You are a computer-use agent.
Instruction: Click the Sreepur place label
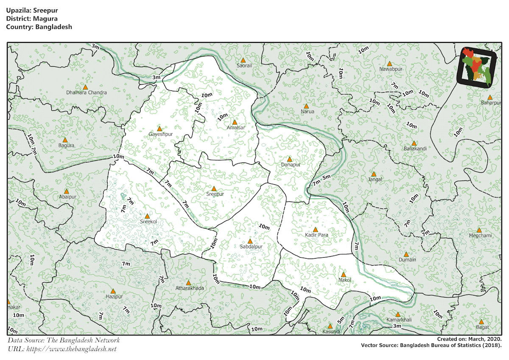pos(215,194)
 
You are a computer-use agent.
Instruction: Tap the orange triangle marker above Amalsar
pos(235,122)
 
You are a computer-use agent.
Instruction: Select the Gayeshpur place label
pos(160,135)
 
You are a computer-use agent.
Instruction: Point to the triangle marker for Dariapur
pos(290,159)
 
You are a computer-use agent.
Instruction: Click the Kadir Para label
pos(316,235)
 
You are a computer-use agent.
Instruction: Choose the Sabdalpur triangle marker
pos(250,241)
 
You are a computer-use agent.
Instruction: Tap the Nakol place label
pos(344,280)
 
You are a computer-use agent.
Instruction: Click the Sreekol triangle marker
pos(147,216)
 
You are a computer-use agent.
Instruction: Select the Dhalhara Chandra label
pos(87,93)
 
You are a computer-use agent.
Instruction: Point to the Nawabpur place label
pos(391,69)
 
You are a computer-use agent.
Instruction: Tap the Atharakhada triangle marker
pos(188,282)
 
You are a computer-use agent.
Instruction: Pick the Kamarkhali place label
pos(399,320)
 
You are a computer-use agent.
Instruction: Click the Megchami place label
pos(480,236)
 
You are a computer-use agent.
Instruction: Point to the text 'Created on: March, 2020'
pos(469,339)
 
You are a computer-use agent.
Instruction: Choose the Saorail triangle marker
pos(243,60)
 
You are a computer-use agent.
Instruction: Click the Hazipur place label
pos(114,296)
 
